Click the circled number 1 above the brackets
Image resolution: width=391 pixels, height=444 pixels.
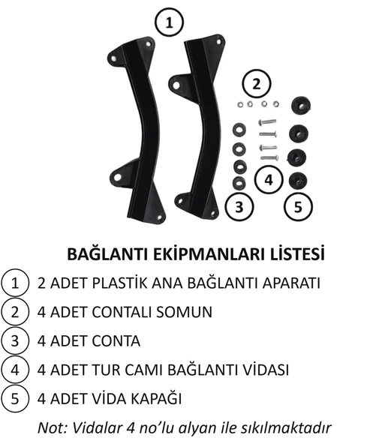[170, 22]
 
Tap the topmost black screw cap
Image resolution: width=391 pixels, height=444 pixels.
[300, 103]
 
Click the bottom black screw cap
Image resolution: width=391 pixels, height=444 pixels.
[300, 180]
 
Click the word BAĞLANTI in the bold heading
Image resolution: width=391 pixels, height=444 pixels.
[106, 254]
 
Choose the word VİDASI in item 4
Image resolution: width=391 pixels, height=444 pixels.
[263, 370]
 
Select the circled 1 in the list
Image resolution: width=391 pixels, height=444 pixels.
[14, 283]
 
